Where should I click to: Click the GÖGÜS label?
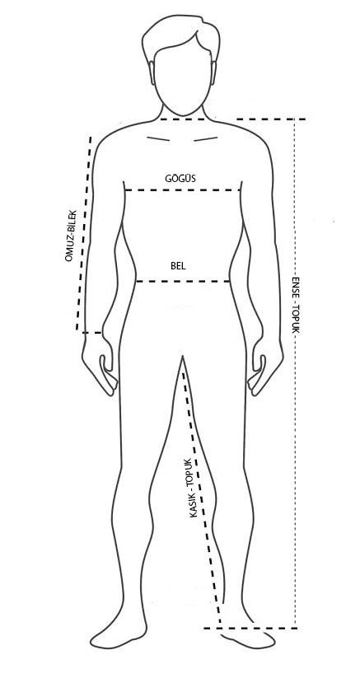pos(180,178)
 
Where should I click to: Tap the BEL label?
pos(178,266)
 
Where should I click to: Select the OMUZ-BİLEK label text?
pos(71,236)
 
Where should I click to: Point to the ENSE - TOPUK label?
pos(296,305)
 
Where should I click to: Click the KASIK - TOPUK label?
pos(190,487)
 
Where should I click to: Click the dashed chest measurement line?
pos(183,190)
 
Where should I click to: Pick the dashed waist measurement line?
pos(183,281)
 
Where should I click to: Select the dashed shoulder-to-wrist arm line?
pos(84,233)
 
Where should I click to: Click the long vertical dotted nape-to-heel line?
pos(295,373)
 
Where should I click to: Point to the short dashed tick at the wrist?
pos(92,332)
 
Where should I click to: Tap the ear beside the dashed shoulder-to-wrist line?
pos(152,72)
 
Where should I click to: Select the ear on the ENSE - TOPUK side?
pos(214,72)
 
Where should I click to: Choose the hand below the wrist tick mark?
pos(99,367)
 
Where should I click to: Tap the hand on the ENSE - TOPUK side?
pos(265,367)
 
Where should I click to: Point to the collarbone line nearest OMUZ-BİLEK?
pos(158,139)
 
